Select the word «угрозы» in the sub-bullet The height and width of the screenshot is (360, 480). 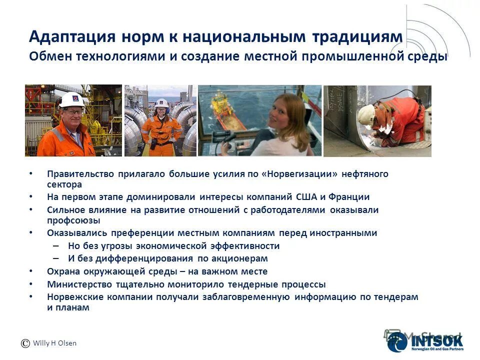[116, 246]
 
